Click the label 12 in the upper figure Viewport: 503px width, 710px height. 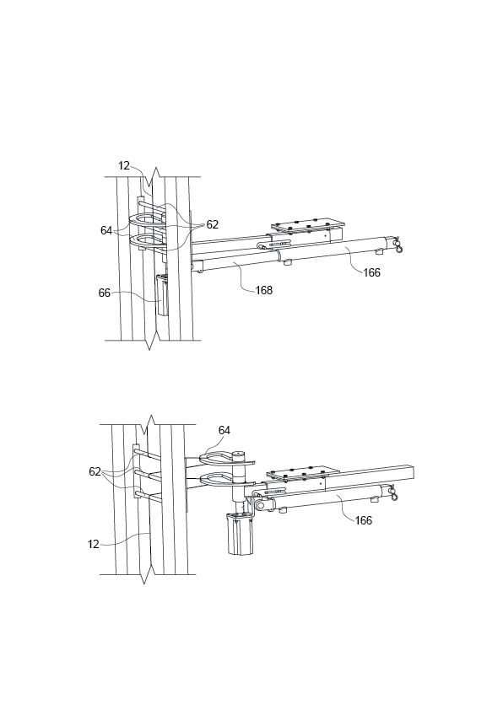click(x=124, y=166)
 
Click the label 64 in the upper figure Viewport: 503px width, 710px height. click(x=106, y=230)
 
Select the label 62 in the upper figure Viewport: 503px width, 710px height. click(x=212, y=225)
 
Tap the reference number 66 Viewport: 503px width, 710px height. click(x=105, y=293)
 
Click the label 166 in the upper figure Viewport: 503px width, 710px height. click(x=371, y=272)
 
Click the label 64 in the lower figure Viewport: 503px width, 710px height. click(x=224, y=430)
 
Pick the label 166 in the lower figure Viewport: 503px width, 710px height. click(x=363, y=520)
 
